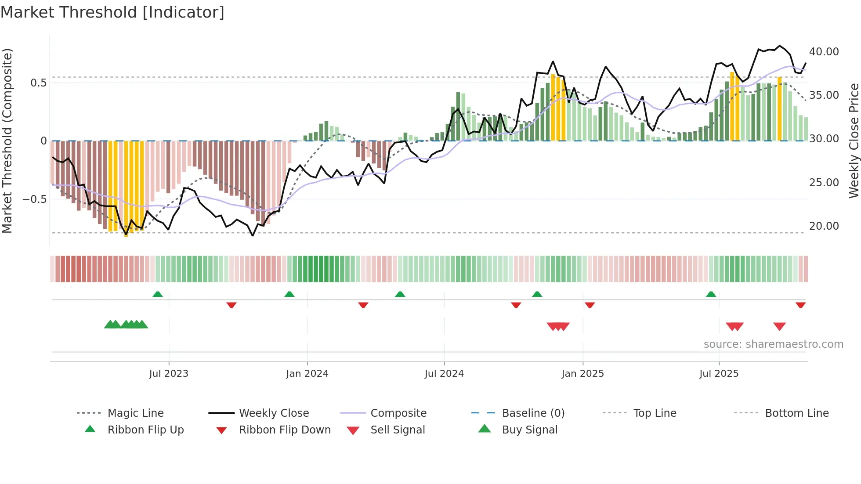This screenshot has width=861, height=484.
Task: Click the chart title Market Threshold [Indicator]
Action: (x=112, y=12)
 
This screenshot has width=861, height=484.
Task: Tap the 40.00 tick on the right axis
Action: (x=824, y=52)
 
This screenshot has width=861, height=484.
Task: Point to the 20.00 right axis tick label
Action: (x=824, y=226)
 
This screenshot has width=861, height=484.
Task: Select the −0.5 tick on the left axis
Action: (x=35, y=199)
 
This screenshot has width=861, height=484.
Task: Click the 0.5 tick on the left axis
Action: (x=38, y=83)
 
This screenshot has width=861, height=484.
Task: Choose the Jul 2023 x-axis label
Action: (x=169, y=374)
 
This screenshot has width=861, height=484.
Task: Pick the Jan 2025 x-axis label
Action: (x=582, y=374)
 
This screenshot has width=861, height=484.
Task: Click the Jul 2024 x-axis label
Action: (x=444, y=374)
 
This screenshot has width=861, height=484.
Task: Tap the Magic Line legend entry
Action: (x=135, y=413)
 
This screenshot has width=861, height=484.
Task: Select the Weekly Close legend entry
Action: (x=274, y=413)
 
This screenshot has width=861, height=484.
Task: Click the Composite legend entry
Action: (x=398, y=413)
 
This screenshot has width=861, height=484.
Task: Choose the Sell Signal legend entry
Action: (x=397, y=430)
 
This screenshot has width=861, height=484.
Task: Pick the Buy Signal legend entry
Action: (x=529, y=430)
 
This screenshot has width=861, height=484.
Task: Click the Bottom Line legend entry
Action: (x=796, y=413)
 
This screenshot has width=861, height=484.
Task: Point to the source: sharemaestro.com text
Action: (x=773, y=344)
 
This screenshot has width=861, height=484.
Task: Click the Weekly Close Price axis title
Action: (x=854, y=141)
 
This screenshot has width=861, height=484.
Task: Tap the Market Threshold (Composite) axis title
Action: (x=7, y=141)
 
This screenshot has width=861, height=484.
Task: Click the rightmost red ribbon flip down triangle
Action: (x=800, y=305)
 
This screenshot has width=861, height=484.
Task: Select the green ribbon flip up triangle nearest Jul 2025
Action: (x=711, y=294)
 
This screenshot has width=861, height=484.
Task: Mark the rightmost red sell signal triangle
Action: (x=779, y=326)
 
